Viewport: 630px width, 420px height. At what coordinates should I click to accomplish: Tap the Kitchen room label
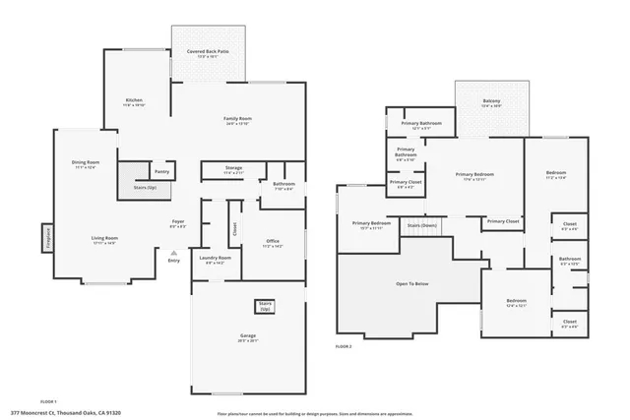(135, 100)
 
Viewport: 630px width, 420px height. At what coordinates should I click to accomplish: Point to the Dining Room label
(86, 163)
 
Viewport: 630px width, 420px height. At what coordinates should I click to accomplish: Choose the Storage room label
(233, 168)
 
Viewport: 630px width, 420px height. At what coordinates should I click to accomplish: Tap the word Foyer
(178, 222)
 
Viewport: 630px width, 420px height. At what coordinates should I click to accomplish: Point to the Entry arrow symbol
(174, 253)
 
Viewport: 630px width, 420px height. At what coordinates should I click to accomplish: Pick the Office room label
(274, 242)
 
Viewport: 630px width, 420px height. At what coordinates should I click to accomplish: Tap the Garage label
(248, 336)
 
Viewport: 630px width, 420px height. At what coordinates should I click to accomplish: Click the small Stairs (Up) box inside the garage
(265, 306)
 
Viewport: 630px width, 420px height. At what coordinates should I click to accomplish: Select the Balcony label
(491, 101)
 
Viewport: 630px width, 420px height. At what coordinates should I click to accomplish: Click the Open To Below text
(411, 283)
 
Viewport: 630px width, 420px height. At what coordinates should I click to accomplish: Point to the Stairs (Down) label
(422, 225)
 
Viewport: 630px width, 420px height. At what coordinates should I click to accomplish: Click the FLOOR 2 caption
(344, 347)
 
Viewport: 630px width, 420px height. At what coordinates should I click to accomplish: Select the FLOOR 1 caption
(48, 401)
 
